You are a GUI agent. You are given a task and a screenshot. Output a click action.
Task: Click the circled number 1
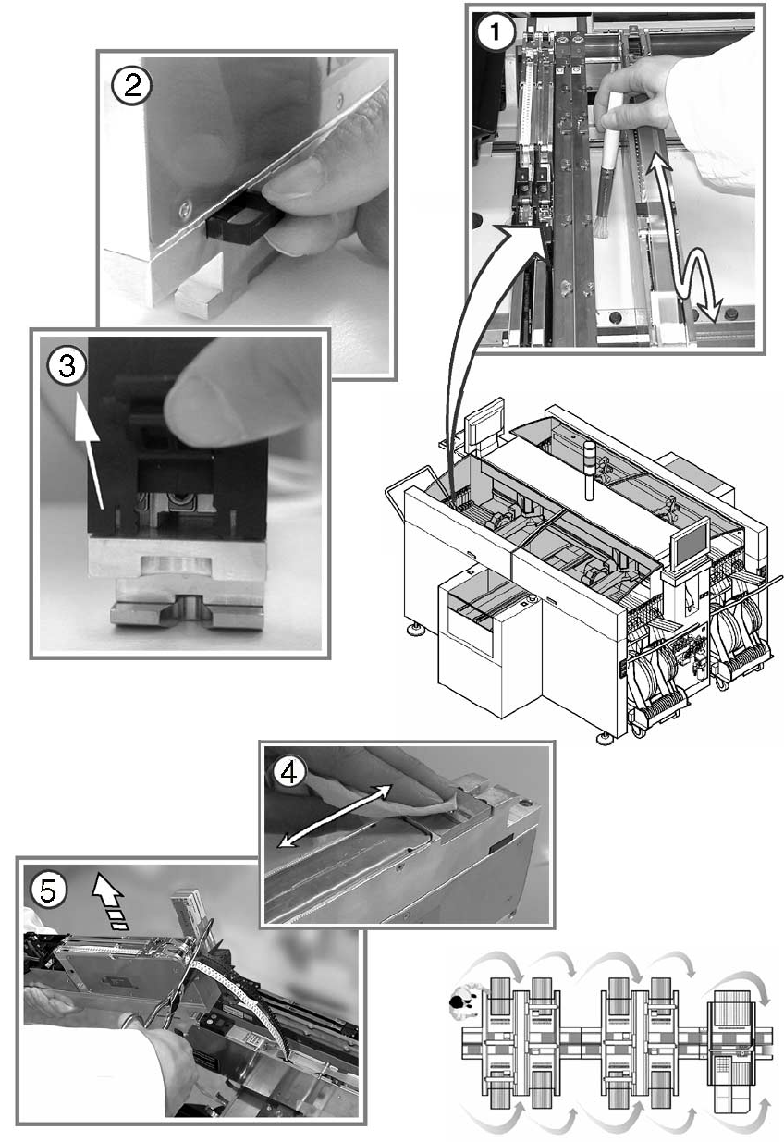point(497,36)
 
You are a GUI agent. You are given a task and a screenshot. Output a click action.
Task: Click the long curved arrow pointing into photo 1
point(462,351)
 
